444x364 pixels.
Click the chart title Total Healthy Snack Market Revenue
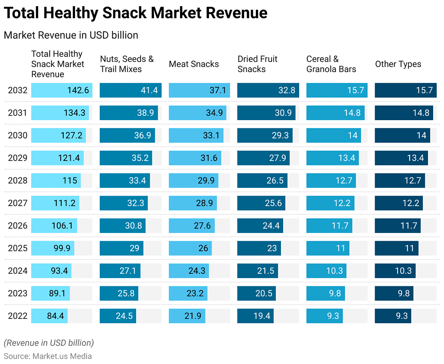[135, 13]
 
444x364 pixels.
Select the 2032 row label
[17, 90]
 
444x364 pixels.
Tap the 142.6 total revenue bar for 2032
[62, 90]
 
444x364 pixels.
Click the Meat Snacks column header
[194, 64]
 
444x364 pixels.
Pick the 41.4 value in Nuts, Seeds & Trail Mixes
[131, 90]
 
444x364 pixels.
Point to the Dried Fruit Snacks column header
[257, 64]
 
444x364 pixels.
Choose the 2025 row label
[17, 248]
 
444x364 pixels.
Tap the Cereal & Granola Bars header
[331, 64]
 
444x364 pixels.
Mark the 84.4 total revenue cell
[50, 316]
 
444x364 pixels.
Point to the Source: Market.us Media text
[48, 356]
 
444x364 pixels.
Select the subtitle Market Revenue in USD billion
[71, 35]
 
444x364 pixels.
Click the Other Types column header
[398, 64]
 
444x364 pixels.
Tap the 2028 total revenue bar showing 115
[56, 180]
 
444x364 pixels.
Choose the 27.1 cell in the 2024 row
[119, 271]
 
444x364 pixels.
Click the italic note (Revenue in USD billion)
[49, 343]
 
